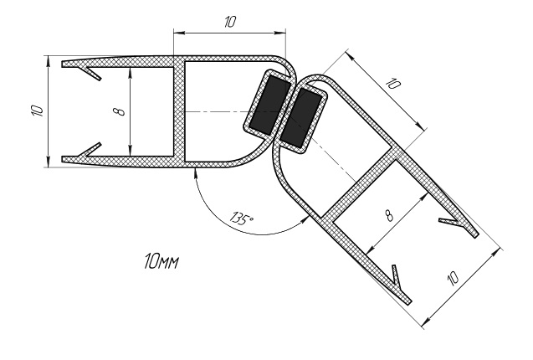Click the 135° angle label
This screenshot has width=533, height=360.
click(x=242, y=218)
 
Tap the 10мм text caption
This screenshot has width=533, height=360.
click(x=161, y=261)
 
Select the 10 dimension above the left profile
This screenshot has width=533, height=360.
click(x=229, y=23)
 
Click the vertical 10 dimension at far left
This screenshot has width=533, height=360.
click(x=37, y=111)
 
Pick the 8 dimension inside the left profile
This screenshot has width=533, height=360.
click(x=122, y=111)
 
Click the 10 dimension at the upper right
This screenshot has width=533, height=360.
click(x=394, y=84)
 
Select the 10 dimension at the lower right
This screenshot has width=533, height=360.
click(x=454, y=278)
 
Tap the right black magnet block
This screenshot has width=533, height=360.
click(x=300, y=117)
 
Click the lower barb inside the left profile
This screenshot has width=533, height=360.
click(x=92, y=150)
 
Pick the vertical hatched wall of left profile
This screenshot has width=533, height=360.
click(x=179, y=111)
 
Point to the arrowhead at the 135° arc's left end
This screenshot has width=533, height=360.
click(x=195, y=173)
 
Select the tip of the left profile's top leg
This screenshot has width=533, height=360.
click(x=62, y=64)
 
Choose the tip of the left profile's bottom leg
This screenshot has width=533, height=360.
click(x=62, y=159)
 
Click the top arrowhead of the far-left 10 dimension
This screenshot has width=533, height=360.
click(x=49, y=60)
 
